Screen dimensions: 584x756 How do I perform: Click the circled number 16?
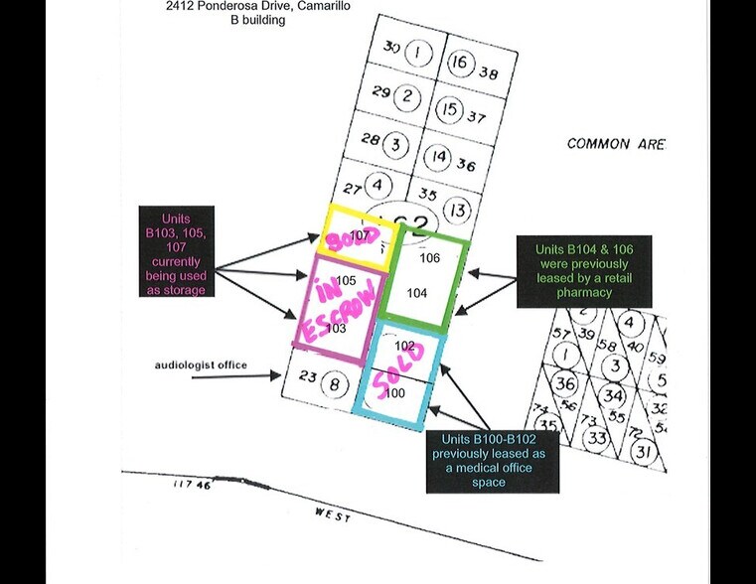tap(460, 63)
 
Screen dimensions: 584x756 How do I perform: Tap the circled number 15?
tap(450, 109)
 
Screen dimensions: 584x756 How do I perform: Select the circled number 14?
tap(439, 157)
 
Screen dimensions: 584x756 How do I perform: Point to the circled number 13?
tap(457, 211)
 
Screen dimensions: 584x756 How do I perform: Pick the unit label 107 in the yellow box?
tap(360, 234)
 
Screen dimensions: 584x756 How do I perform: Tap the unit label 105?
tap(346, 281)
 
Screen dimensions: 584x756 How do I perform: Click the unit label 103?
tap(336, 329)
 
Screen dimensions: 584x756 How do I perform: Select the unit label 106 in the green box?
tap(429, 258)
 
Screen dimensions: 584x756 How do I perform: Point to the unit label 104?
tap(417, 294)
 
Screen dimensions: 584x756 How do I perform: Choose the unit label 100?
tap(394, 393)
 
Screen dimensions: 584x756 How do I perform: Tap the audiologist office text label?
tap(201, 365)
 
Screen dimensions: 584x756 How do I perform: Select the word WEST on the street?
tap(334, 513)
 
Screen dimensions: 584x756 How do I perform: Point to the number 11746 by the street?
tap(190, 485)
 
